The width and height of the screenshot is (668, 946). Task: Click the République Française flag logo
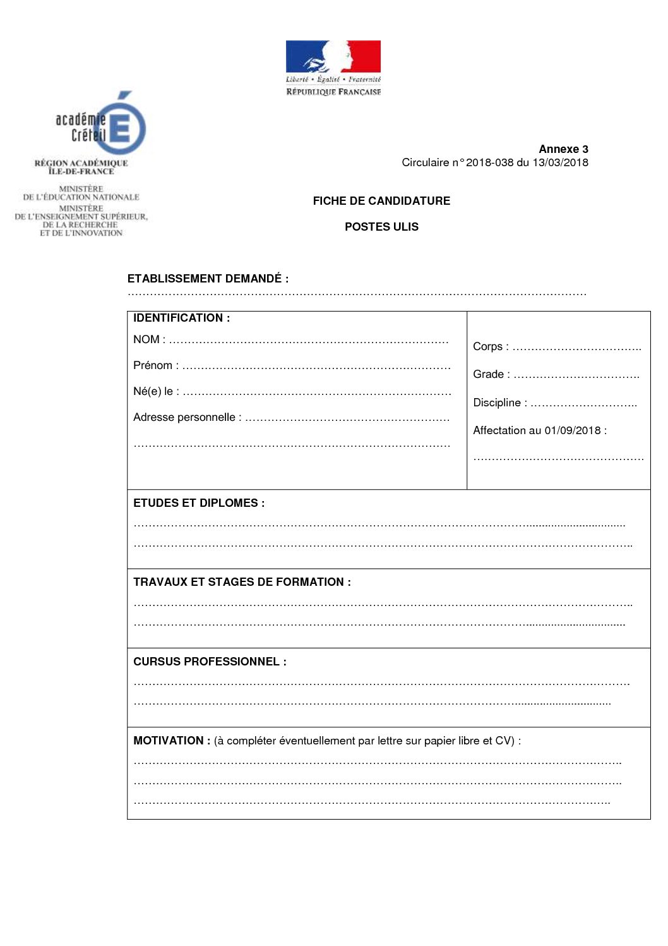(333, 57)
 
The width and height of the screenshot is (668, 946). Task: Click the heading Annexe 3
(563, 149)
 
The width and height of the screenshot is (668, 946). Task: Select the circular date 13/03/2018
(560, 162)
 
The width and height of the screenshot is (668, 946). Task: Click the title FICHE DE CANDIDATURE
(381, 201)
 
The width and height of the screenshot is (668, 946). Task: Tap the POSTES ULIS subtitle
(381, 227)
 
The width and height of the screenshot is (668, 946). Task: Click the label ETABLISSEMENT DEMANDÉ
(208, 279)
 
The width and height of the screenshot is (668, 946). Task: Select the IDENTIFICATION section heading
(181, 318)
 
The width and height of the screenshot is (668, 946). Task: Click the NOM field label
(146, 339)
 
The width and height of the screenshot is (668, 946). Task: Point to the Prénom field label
(153, 365)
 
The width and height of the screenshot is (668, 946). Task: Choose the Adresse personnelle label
(184, 417)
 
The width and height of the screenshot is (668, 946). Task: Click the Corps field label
(487, 346)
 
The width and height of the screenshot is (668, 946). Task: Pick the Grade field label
(489, 374)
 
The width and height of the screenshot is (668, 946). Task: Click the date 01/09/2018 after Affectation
(573, 430)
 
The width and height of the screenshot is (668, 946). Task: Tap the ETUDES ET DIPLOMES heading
(198, 503)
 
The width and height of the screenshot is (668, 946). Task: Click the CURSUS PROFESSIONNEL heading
(210, 662)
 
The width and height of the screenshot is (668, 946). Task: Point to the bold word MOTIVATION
(168, 741)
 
